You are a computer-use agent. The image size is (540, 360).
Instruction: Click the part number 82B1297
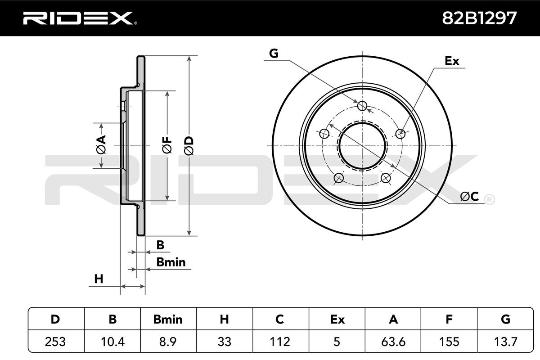tap(479, 18)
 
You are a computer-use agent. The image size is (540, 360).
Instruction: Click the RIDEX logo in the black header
tap(80, 18)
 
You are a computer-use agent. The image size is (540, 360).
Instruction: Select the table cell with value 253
tap(55, 342)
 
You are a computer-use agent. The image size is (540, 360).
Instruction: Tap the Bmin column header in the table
tap(168, 319)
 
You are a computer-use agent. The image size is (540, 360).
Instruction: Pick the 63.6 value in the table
tap(393, 342)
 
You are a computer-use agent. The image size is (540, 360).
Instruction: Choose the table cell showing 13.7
tap(505, 342)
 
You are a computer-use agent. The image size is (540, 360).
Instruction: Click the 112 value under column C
tap(280, 342)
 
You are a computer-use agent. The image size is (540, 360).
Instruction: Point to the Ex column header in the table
tap(337, 319)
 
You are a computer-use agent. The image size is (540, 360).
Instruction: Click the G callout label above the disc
tap(274, 53)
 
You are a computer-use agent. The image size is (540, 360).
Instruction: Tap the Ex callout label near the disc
tap(452, 61)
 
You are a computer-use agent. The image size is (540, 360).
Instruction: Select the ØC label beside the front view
tap(469, 196)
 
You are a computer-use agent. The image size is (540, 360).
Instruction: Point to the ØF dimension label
tap(167, 145)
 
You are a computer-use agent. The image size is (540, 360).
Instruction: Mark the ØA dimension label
tap(101, 145)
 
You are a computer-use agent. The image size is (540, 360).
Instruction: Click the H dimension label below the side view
tap(99, 279)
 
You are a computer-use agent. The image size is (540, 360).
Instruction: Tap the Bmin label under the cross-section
tap(171, 262)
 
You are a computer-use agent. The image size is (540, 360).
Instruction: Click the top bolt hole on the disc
tap(362, 106)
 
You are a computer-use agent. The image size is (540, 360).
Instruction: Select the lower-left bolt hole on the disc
tap(339, 178)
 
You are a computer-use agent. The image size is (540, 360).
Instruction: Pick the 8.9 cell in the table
tap(168, 342)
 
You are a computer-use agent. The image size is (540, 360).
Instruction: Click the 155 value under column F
tap(449, 342)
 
